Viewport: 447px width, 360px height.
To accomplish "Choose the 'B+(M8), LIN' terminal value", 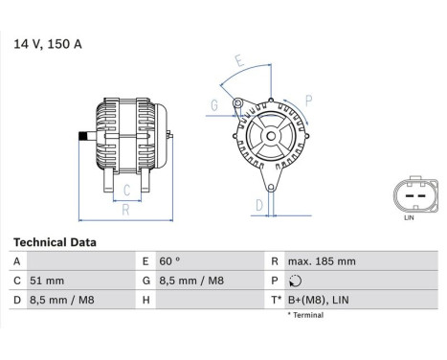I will pyautogui.click(x=318, y=301).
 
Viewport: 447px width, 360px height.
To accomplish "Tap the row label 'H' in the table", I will pyautogui.click(x=146, y=301).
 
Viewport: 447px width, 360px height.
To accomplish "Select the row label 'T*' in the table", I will pyautogui.click(x=278, y=301).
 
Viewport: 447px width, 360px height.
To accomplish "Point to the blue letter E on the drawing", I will pyautogui.click(x=239, y=68).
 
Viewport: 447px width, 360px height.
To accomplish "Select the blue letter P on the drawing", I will pyautogui.click(x=309, y=100).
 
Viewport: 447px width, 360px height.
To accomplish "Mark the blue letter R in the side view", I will pyautogui.click(x=125, y=208).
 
